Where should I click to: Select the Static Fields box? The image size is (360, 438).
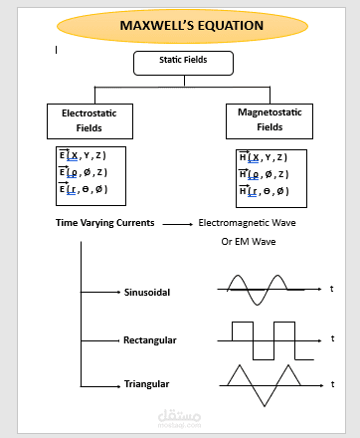click(x=183, y=63)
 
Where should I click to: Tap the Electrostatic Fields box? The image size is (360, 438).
click(x=90, y=120)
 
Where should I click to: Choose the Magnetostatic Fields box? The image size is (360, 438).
click(x=270, y=120)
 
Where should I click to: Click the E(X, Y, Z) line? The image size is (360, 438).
click(x=83, y=156)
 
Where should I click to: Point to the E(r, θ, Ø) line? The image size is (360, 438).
click(x=83, y=189)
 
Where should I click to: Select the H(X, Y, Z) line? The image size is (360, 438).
click(x=264, y=157)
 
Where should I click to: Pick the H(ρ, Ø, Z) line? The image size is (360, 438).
click(x=264, y=173)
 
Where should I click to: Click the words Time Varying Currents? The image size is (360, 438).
click(x=104, y=223)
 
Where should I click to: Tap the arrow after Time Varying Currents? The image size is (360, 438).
click(x=177, y=224)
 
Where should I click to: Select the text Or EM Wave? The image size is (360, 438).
click(x=248, y=242)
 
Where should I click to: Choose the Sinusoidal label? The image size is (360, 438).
click(x=147, y=293)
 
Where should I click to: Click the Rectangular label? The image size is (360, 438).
click(x=149, y=340)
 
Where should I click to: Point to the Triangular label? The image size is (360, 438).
click(x=146, y=383)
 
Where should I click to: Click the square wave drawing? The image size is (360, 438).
click(x=269, y=339)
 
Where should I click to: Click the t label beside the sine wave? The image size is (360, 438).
click(x=331, y=289)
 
